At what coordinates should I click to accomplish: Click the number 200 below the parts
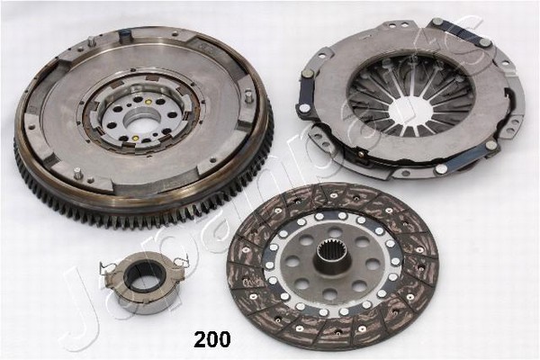coord(212,339)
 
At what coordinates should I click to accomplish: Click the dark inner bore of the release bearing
coord(140,280)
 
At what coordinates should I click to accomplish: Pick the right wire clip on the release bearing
coord(181,260)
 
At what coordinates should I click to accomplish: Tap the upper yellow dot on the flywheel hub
coord(148,102)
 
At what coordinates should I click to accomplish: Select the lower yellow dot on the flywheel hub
coord(135,139)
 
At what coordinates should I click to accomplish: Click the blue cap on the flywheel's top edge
coord(124,34)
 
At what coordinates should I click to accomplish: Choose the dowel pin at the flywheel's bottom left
coord(78,173)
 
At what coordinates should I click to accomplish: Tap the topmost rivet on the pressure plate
coord(438,22)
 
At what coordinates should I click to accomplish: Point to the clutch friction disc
coord(332,265)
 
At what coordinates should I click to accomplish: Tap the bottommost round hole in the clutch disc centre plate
coord(330,294)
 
